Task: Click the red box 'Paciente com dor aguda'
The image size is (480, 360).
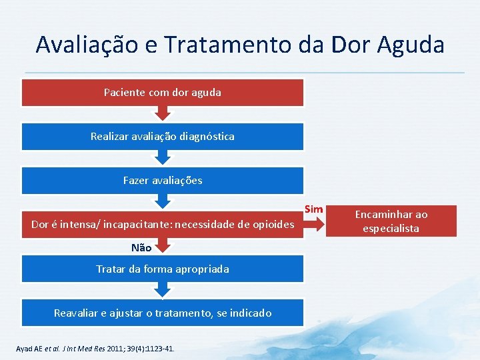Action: pos(163,93)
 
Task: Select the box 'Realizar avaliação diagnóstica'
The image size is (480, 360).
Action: pos(163,136)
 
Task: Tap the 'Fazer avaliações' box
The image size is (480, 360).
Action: pos(163,180)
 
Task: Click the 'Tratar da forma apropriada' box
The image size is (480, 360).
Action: pos(163,269)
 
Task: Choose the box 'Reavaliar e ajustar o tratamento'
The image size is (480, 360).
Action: pos(163,313)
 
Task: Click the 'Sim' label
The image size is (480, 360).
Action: pos(314,209)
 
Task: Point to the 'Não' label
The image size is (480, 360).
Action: pos(141,247)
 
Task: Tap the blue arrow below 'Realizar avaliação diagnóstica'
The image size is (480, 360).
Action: pos(163,157)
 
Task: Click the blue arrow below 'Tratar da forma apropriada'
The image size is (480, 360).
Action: pos(163,289)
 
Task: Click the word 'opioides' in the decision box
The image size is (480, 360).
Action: pos(273,225)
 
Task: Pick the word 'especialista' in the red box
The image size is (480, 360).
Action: pos(391,228)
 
